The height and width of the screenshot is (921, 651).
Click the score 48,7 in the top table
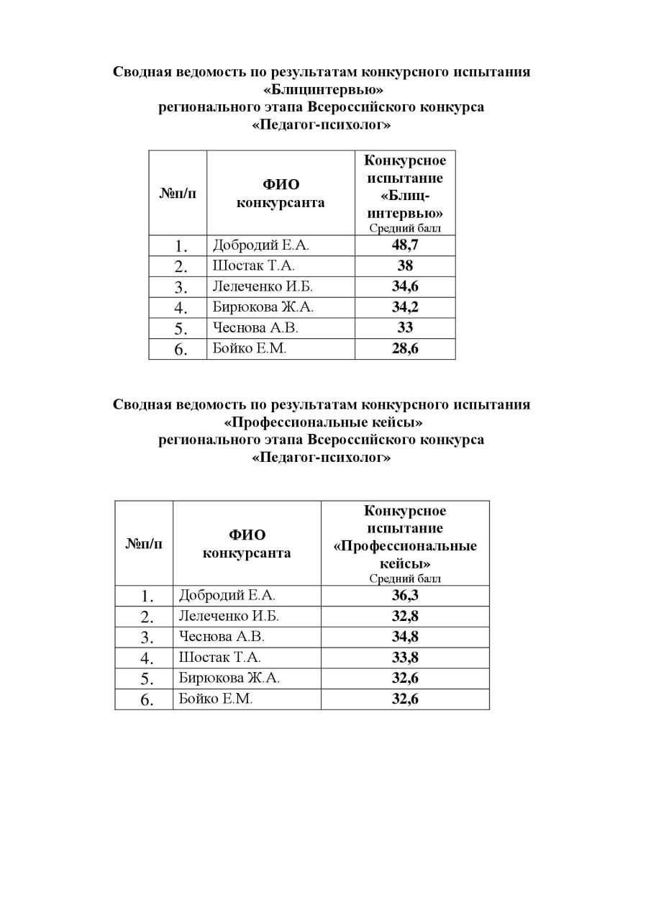(405, 245)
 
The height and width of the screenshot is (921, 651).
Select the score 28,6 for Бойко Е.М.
(405, 349)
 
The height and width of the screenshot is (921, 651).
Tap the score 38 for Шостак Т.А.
(405, 266)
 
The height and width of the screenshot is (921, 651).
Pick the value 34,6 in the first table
(405, 286)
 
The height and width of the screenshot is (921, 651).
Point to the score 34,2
(405, 307)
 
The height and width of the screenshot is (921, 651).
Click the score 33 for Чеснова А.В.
(405, 328)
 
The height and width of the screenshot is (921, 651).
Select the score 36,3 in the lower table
(405, 596)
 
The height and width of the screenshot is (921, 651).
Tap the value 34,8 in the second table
(405, 637)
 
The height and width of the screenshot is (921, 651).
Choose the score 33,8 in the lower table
(405, 658)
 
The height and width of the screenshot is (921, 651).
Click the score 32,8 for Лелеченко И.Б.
(405, 617)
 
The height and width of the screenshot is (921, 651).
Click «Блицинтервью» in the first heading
(322, 90)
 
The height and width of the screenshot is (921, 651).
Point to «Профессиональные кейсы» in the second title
(322, 422)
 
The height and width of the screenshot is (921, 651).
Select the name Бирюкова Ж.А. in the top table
(263, 307)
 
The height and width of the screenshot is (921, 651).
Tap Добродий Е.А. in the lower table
(227, 596)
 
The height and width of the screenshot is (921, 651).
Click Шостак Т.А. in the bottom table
(219, 658)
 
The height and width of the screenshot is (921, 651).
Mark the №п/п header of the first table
(177, 193)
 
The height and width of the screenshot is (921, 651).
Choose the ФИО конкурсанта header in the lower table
(247, 544)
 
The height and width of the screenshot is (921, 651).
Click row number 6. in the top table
(181, 350)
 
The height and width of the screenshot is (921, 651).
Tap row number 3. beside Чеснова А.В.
(147, 638)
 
